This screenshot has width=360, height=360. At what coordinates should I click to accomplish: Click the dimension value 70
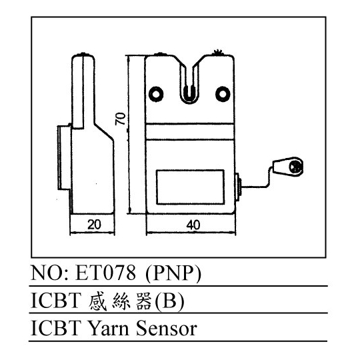pyautogui.click(x=120, y=119)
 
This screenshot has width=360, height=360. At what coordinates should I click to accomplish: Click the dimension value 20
pyautogui.click(x=94, y=225)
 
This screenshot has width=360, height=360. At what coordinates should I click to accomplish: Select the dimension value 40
pyautogui.click(x=193, y=225)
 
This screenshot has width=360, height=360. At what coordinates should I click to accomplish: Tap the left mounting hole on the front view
pyautogui.click(x=156, y=94)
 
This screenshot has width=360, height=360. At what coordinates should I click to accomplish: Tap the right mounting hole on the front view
pyautogui.click(x=223, y=94)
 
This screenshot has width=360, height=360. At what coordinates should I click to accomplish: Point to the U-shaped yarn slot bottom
pyautogui.click(x=189, y=97)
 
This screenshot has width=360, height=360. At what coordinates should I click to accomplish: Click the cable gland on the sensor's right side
pyautogui.click(x=238, y=187)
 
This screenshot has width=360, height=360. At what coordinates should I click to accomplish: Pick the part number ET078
pyautogui.click(x=105, y=273)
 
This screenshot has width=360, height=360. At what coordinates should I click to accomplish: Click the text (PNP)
pyautogui.click(x=173, y=274)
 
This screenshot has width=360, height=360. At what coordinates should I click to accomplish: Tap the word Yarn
pyautogui.click(x=109, y=329)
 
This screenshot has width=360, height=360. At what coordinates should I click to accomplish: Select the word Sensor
pyautogui.click(x=167, y=329)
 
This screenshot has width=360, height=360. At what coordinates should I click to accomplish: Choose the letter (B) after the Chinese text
pyautogui.click(x=169, y=301)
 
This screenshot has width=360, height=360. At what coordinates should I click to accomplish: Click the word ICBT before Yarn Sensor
pyautogui.click(x=56, y=328)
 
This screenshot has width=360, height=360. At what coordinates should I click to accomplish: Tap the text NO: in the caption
pyautogui.click(x=49, y=273)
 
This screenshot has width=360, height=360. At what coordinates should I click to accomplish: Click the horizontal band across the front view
pyautogui.click(x=190, y=131)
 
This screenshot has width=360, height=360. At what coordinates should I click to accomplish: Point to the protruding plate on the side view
pyautogui.click(x=64, y=157)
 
